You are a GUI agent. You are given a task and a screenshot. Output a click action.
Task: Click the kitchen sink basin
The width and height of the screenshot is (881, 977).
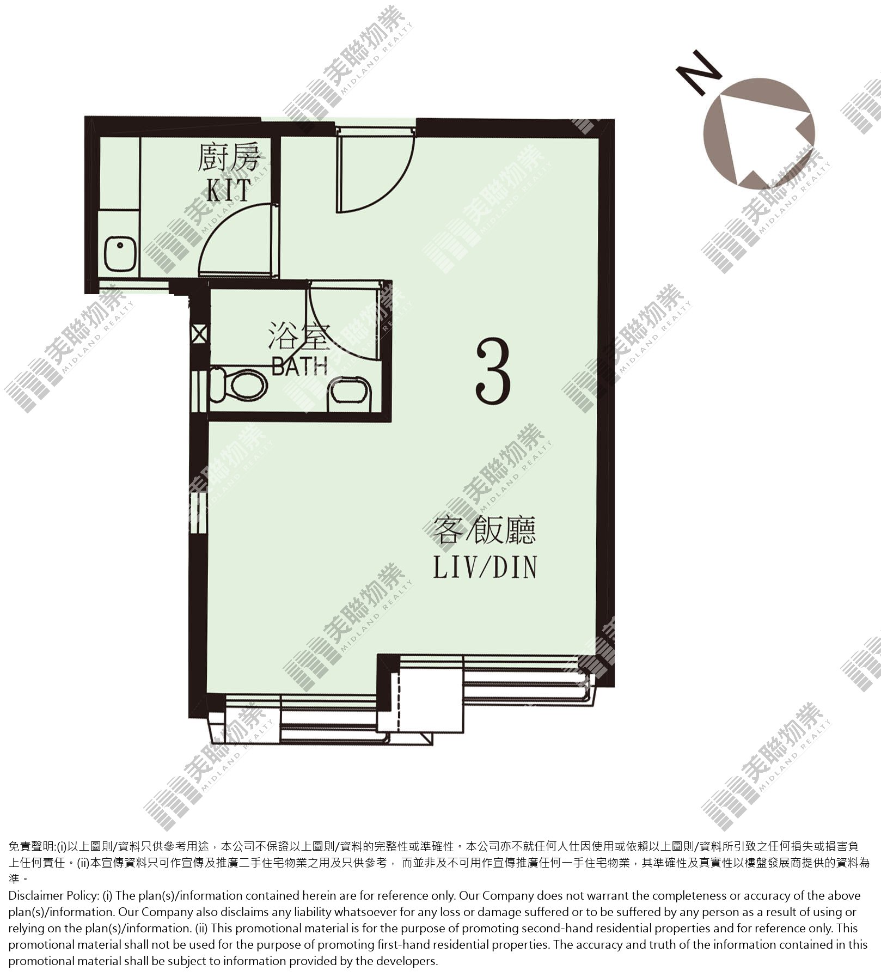120,253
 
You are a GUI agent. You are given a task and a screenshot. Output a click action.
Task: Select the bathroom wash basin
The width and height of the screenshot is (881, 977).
351,393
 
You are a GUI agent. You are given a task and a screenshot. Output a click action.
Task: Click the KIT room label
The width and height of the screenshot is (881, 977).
229,189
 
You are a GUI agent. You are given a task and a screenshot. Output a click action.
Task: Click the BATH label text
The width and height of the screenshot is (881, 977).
299,366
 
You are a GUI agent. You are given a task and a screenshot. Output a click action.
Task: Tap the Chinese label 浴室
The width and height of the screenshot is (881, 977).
299,335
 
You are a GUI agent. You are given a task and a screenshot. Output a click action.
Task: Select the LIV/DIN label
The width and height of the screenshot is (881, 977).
485,566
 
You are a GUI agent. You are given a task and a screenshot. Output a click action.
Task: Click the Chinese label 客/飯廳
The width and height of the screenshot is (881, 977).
485,530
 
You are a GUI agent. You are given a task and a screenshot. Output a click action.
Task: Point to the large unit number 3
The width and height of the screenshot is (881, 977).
493,370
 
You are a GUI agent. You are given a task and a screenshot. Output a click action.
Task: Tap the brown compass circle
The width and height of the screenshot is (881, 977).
759,133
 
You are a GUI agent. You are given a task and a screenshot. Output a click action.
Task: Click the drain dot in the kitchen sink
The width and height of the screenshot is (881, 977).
120,245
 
